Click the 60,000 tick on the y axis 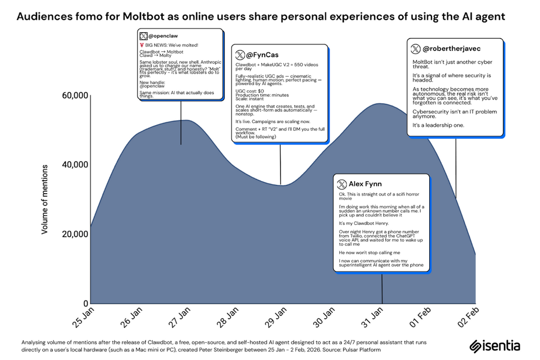point(75,96)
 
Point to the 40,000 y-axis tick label point(75,165)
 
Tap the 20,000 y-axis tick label point(75,234)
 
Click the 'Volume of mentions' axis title point(45,199)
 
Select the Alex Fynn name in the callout point(365,184)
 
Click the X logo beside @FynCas point(240,54)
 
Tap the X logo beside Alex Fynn point(341,184)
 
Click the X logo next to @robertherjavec point(415,48)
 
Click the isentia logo point(494,345)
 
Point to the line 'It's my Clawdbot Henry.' point(363,223)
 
